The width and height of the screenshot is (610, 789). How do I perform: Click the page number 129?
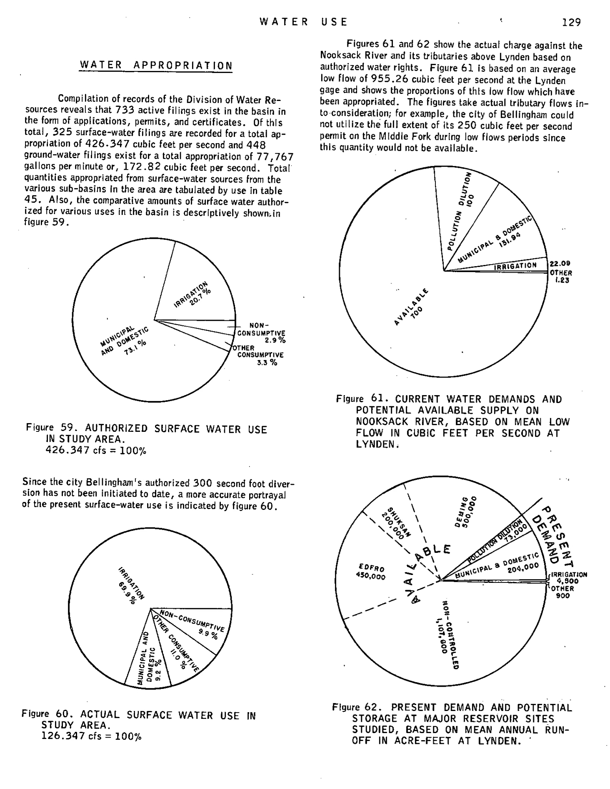tap(571, 22)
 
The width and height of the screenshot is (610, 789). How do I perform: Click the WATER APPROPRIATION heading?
tap(156, 66)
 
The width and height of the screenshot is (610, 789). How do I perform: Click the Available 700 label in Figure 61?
tap(411, 307)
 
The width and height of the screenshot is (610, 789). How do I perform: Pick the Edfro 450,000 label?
tap(371, 572)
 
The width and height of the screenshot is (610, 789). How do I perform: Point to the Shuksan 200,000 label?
tap(397, 522)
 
